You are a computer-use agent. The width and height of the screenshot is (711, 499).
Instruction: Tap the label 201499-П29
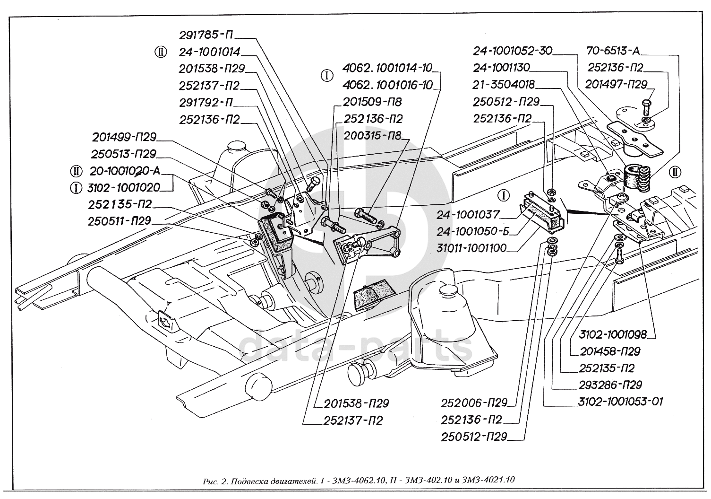pyautogui.click(x=124, y=137)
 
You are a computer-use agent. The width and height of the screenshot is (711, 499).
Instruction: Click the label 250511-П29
pyautogui.click(x=119, y=221)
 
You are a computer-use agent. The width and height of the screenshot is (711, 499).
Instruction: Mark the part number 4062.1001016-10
pyautogui.click(x=387, y=85)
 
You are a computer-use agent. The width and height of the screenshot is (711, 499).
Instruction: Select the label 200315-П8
pyautogui.click(x=372, y=136)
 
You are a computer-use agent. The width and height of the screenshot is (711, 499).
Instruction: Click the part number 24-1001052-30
pyautogui.click(x=513, y=51)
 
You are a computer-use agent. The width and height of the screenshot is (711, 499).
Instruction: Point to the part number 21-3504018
pyautogui.click(x=504, y=85)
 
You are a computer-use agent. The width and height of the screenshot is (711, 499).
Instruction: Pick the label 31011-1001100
pyautogui.click(x=471, y=248)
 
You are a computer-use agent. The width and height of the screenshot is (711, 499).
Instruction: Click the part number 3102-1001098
pyautogui.click(x=612, y=334)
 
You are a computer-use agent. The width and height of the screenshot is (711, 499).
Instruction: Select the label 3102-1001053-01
pyautogui.click(x=620, y=402)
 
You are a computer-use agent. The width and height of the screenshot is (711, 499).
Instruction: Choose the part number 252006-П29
pyautogui.click(x=474, y=403)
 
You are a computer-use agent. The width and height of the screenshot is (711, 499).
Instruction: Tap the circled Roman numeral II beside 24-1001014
pyautogui.click(x=161, y=52)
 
